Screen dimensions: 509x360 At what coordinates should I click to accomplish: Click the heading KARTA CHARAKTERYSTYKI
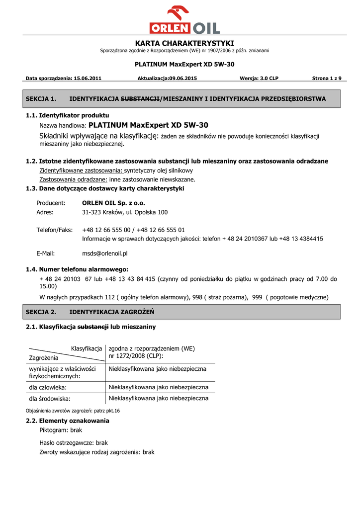pyautogui.click(x=184, y=43)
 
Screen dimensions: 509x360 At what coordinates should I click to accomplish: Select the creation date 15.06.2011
pyautogui.click(x=88, y=78)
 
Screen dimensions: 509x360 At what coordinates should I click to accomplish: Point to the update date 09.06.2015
pyautogui.click(x=183, y=78)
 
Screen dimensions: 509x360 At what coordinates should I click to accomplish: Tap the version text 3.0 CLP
pyautogui.click(x=267, y=78)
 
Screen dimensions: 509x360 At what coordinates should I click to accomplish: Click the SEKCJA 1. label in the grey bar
pyautogui.click(x=41, y=99)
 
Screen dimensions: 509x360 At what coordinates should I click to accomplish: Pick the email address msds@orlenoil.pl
pyautogui.click(x=105, y=253)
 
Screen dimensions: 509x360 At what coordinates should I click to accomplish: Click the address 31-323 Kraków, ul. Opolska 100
pyautogui.click(x=125, y=212)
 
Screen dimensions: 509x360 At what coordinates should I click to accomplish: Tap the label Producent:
pyautogui.click(x=51, y=203)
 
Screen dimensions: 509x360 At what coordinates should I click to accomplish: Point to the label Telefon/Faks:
pyautogui.click(x=55, y=230)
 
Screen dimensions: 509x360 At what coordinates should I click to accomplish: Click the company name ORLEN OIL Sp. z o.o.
pyautogui.click(x=113, y=203)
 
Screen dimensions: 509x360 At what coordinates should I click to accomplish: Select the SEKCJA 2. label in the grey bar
pyautogui.click(x=41, y=312)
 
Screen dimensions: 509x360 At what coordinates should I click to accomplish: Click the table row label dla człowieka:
pyautogui.click(x=48, y=387)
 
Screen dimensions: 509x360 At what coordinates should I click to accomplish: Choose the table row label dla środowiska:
pyautogui.click(x=50, y=398)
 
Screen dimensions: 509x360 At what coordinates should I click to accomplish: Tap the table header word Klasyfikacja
pyautogui.click(x=87, y=348)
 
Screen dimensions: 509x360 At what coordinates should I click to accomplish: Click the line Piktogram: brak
pyautogui.click(x=61, y=430)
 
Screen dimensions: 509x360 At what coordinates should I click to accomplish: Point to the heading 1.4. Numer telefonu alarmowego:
pyautogui.click(x=77, y=269)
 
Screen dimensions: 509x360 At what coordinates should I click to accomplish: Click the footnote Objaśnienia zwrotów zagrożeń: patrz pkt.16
pyautogui.click(x=73, y=411)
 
